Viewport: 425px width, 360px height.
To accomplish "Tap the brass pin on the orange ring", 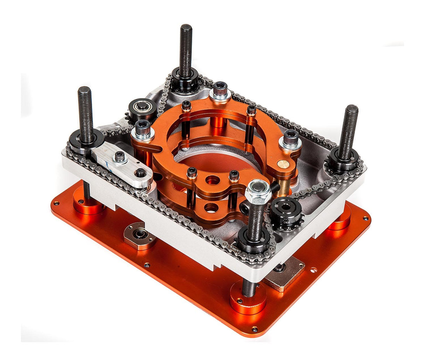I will pyautogui.click(x=282, y=163).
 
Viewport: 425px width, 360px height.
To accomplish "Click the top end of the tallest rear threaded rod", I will pyautogui.click(x=186, y=28).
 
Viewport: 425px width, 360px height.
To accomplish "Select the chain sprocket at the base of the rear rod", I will pyautogui.click(x=184, y=79).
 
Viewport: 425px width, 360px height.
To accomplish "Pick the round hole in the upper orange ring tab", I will pyautogui.click(x=212, y=181).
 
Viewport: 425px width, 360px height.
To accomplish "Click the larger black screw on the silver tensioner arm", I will pyautogui.click(x=120, y=158).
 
